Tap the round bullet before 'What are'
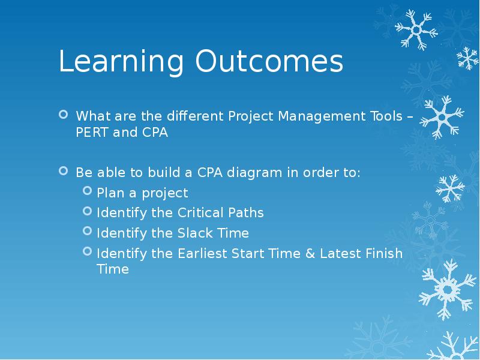64,114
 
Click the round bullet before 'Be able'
64,172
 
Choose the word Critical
202,212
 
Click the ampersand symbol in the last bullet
310,253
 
